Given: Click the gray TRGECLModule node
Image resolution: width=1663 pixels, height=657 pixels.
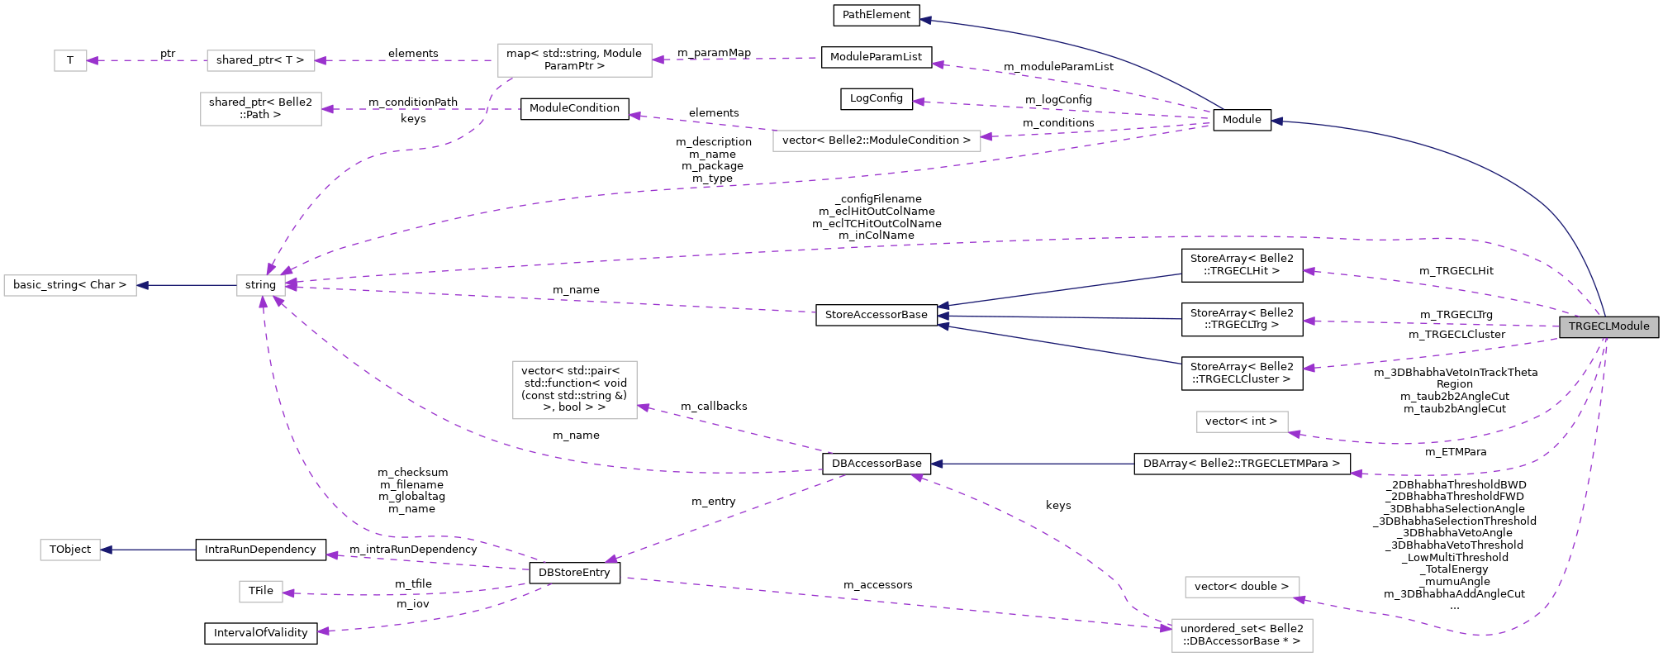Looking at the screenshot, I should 1608,326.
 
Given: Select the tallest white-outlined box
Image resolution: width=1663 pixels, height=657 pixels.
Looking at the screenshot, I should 574,390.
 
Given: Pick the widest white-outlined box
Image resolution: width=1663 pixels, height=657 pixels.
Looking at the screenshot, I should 877,141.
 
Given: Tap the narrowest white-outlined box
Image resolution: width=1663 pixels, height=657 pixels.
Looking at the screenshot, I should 70,60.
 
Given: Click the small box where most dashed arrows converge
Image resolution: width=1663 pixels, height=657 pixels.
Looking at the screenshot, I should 260,285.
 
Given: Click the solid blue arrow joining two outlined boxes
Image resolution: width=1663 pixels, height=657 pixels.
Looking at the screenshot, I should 186,285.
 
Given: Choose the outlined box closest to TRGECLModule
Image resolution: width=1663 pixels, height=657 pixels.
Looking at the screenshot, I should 1242,421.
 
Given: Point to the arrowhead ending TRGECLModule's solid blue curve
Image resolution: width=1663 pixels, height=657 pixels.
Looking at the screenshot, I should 1276,121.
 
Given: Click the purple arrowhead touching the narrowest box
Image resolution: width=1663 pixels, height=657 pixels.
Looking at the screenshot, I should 93,60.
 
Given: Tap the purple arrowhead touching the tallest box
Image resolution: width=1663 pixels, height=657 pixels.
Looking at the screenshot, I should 644,407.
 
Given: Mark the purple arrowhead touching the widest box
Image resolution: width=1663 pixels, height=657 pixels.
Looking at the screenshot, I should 986,136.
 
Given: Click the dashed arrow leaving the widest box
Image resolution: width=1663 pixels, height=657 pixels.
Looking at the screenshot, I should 702,123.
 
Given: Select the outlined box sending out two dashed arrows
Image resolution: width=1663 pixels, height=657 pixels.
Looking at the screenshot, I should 574,60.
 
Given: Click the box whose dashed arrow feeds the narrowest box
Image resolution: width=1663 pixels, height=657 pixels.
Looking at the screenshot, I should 260,60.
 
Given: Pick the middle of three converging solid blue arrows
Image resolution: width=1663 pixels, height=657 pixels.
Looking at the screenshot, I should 1057,317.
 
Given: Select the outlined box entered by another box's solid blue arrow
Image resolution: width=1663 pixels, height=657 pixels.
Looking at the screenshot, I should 70,285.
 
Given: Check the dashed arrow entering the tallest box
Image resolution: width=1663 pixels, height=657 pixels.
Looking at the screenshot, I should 735,428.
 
